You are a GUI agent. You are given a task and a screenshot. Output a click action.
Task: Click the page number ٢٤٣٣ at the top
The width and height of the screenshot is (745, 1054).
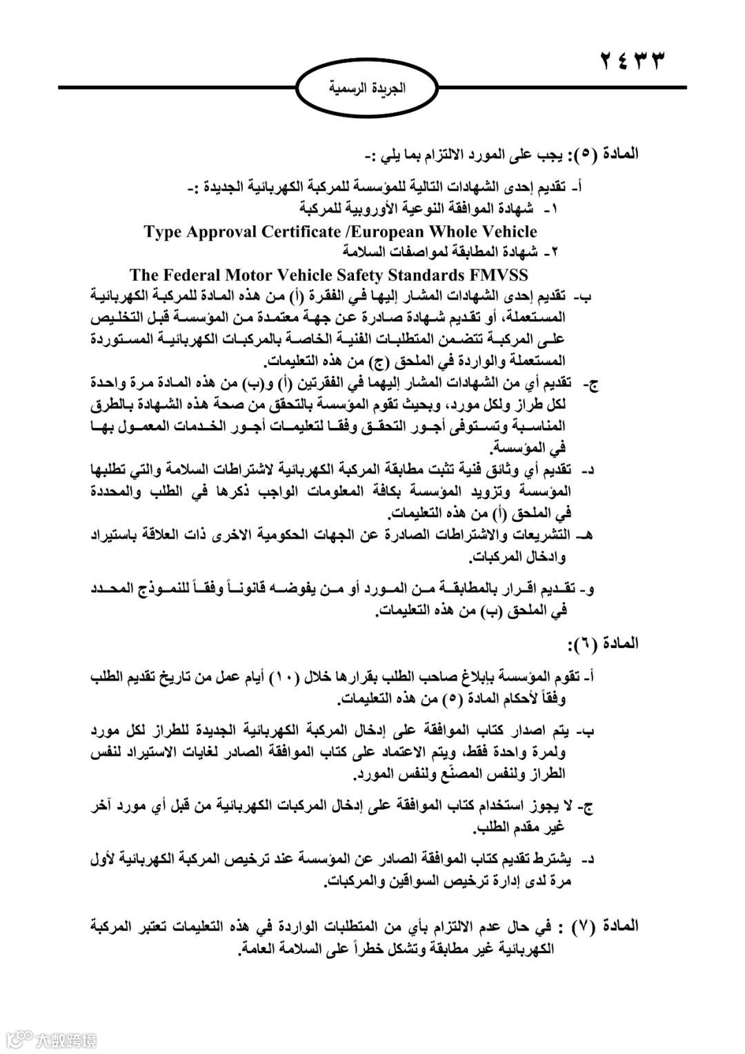tap(632, 61)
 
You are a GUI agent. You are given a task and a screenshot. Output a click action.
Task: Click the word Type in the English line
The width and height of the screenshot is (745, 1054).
tap(163, 231)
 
